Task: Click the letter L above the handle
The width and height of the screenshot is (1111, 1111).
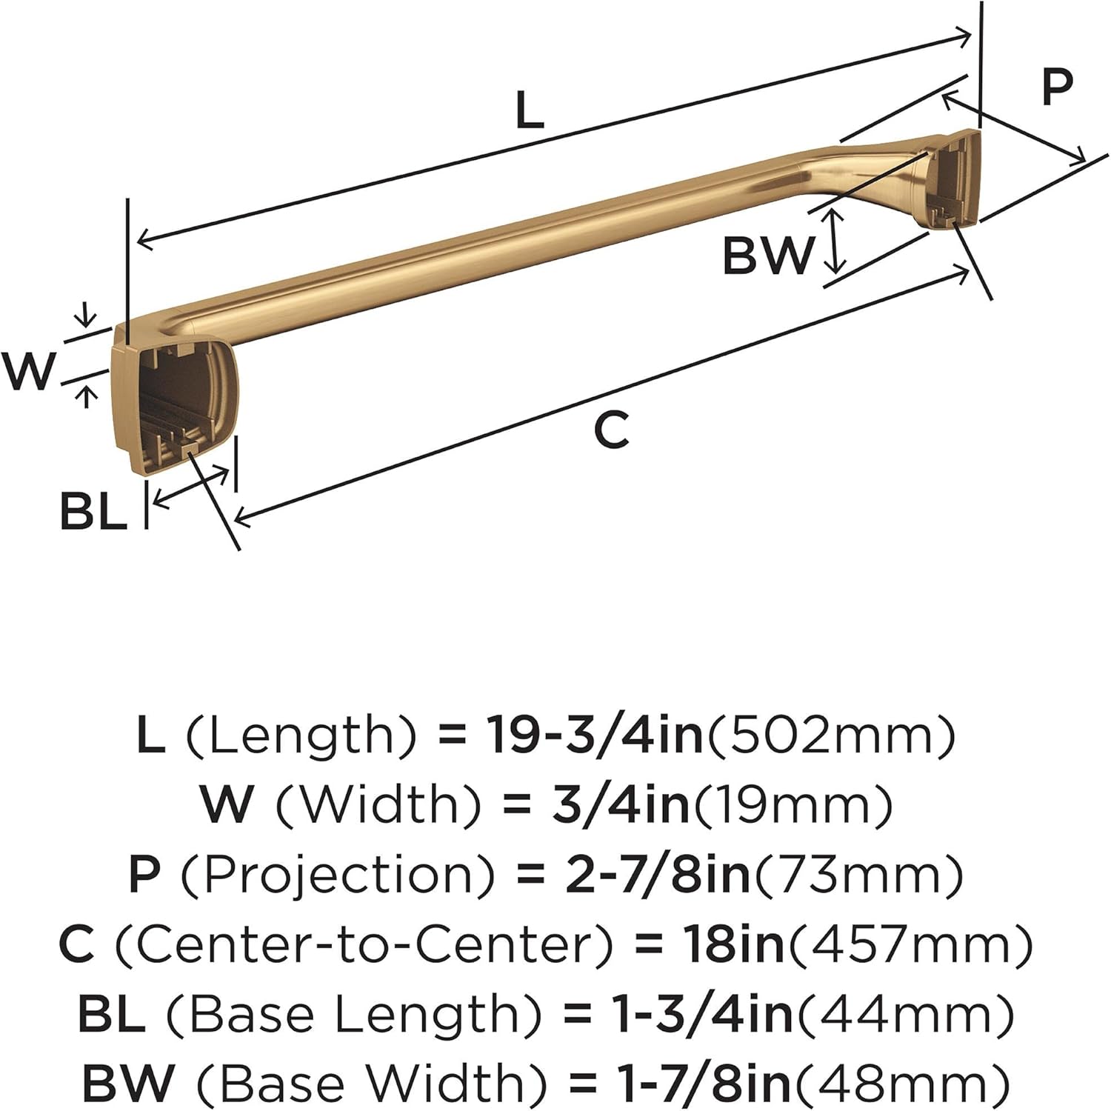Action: (530, 110)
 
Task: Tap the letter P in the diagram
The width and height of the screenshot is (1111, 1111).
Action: (1056, 87)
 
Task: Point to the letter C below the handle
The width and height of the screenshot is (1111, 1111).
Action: (612, 430)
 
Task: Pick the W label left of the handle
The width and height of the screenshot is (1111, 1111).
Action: (29, 370)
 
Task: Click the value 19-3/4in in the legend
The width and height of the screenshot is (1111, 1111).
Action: (594, 735)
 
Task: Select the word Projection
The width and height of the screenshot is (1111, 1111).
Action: (337, 875)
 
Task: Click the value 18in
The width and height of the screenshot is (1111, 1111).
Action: (733, 944)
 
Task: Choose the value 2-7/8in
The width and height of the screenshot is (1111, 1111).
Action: (658, 875)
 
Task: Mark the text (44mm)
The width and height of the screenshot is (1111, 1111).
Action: (906, 1015)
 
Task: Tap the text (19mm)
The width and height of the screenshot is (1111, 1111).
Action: (793, 805)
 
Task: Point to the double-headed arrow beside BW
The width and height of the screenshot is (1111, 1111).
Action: (835, 240)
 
